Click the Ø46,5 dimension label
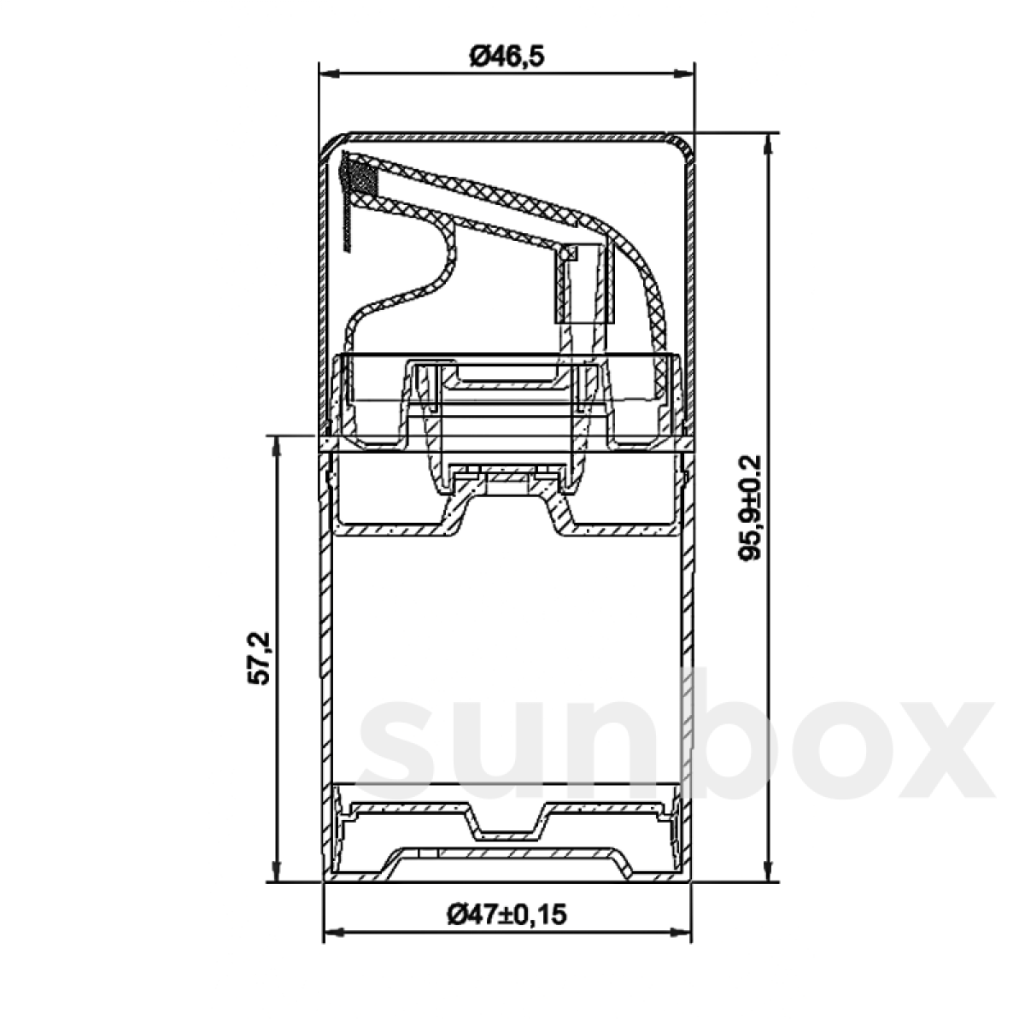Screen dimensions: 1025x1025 [x=507, y=56]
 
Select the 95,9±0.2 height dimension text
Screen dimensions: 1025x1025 [x=751, y=507]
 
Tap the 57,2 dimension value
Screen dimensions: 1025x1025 [x=259, y=658]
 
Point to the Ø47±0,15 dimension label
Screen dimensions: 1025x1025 [x=507, y=915]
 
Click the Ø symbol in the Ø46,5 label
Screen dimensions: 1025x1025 [x=478, y=56]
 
